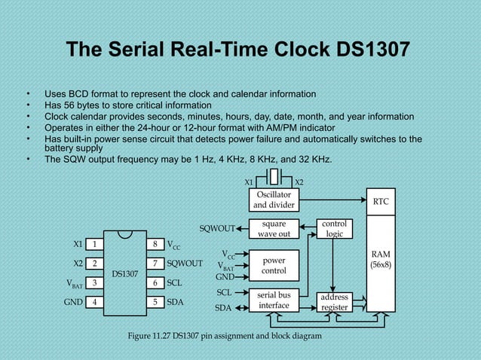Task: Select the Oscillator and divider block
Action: coord(273,200)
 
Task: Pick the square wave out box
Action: coord(274,228)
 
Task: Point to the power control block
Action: coord(274,265)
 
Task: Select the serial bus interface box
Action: coord(274,300)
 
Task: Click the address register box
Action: coord(334,303)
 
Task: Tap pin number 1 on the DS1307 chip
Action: coord(95,244)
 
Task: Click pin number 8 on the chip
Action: coord(154,244)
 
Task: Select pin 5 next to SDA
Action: coord(154,302)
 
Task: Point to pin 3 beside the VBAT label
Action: coord(95,282)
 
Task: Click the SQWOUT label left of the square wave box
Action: coord(216,228)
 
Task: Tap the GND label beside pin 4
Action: coord(74,302)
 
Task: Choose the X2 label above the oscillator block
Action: coord(299,182)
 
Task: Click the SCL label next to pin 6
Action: coord(175,282)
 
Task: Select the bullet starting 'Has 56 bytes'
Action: coord(127,105)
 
